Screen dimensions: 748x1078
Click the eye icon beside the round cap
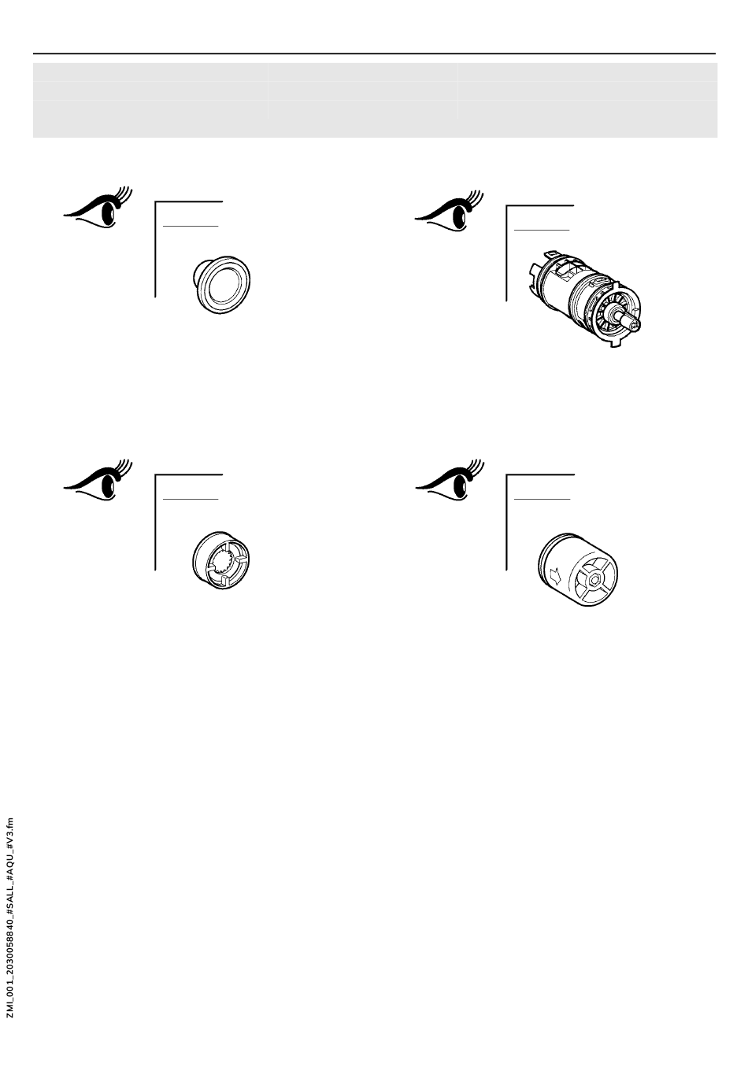[x=94, y=209]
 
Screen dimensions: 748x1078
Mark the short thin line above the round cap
[x=190, y=226]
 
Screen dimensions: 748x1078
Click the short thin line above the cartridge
[x=541, y=230]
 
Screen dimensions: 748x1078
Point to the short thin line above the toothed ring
[x=190, y=499]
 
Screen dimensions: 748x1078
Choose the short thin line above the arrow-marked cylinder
[x=541, y=499]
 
